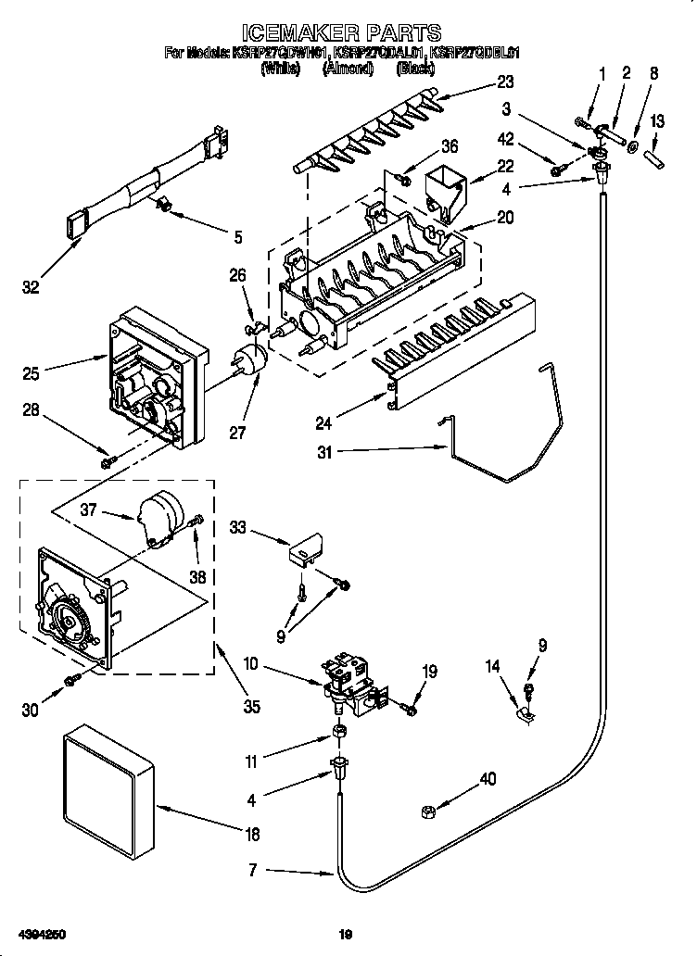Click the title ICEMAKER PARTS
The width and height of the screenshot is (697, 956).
point(348,35)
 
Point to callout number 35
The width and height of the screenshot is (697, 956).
point(251,707)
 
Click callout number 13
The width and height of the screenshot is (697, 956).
point(657,122)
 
